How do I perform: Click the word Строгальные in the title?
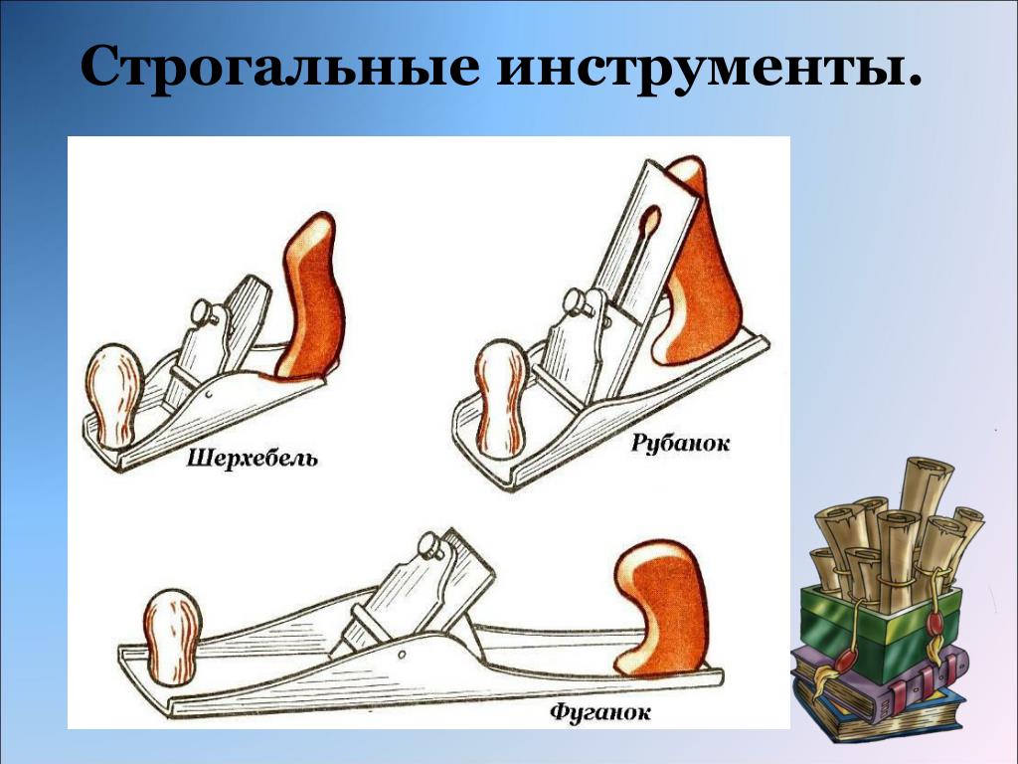279,67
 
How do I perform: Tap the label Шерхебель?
253,459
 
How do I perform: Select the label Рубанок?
680,444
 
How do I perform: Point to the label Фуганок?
599,712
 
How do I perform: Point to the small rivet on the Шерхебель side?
209,394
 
